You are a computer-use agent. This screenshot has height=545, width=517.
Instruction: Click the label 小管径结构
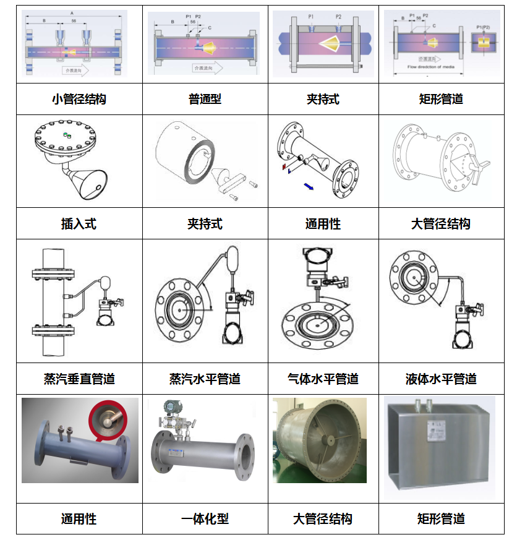click(x=79, y=99)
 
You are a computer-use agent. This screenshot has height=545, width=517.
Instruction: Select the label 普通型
click(x=205, y=99)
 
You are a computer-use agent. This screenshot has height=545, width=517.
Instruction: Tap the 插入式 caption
click(x=79, y=224)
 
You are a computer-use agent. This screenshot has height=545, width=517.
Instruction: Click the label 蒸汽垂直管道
click(x=79, y=379)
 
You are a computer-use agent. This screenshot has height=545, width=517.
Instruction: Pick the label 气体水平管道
click(x=323, y=379)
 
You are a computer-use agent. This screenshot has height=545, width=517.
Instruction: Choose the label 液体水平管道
click(x=441, y=379)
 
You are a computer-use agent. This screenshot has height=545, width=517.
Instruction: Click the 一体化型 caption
click(x=205, y=518)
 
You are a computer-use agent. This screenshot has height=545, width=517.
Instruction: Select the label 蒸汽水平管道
click(x=205, y=379)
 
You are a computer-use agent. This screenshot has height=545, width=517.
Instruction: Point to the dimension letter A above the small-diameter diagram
click(x=72, y=12)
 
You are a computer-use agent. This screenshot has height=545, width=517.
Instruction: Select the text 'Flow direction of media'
click(x=427, y=66)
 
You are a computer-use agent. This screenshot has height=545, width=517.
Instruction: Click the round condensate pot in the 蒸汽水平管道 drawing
click(x=233, y=257)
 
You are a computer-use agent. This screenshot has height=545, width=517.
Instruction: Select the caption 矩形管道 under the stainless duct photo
click(x=441, y=518)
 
